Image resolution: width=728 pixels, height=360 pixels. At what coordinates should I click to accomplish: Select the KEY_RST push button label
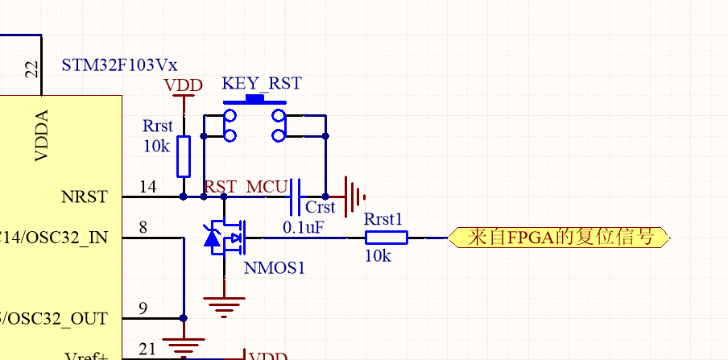click(x=262, y=84)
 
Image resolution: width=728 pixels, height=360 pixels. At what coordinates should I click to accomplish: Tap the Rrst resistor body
click(x=184, y=156)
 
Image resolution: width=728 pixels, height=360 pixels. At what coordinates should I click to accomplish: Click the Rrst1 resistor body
click(x=387, y=238)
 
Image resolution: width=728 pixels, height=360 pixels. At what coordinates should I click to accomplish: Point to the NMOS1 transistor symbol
click(x=225, y=238)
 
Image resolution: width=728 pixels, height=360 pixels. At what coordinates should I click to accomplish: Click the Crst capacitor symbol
click(x=295, y=196)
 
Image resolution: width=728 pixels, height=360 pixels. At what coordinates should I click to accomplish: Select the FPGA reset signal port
click(x=559, y=238)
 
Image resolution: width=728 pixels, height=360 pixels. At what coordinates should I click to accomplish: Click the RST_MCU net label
click(x=246, y=187)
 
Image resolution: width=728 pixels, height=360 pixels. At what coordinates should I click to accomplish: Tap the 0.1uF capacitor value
click(x=303, y=228)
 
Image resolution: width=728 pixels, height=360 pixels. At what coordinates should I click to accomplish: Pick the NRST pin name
click(x=84, y=197)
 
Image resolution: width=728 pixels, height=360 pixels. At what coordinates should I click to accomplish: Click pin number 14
click(x=147, y=187)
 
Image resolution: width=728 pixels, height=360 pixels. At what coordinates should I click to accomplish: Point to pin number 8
click(x=143, y=228)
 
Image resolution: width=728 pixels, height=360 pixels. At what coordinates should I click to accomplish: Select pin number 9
click(x=143, y=308)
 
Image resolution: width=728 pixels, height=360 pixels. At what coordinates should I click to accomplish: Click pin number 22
click(x=31, y=69)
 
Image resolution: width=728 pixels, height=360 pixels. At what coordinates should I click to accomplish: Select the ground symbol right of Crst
click(x=354, y=196)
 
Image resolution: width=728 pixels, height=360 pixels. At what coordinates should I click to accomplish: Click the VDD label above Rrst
click(x=184, y=85)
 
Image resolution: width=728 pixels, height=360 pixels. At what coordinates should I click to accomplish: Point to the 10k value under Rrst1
click(x=378, y=256)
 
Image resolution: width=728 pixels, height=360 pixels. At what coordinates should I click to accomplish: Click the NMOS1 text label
click(x=275, y=267)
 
